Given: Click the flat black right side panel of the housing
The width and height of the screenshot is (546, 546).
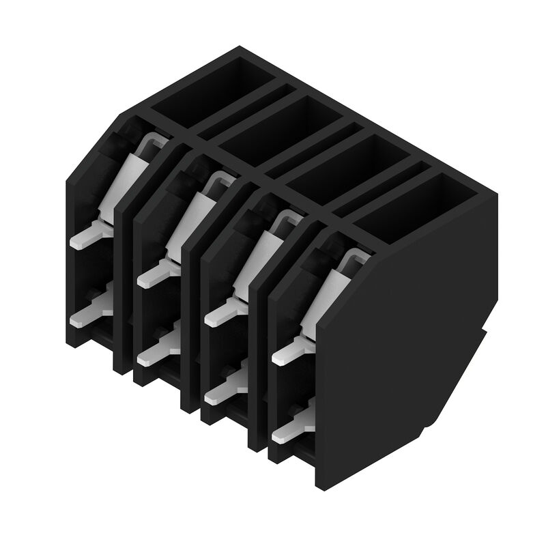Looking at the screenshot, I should click(403, 341).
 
